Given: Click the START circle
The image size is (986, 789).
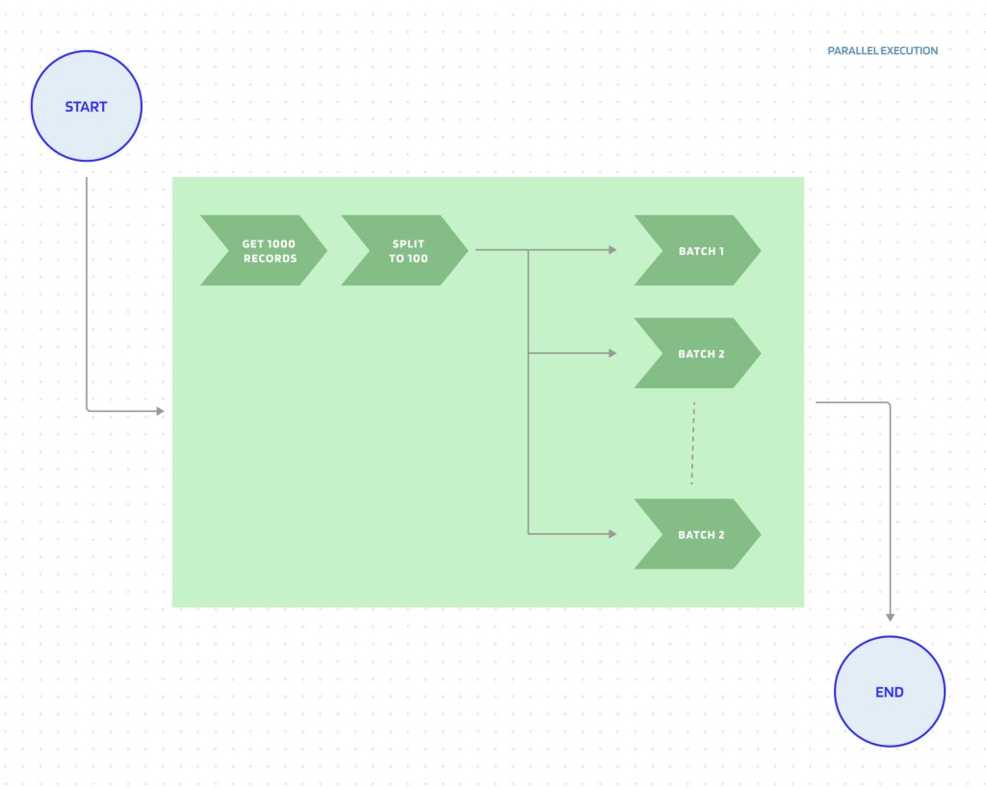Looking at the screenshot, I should (x=87, y=107).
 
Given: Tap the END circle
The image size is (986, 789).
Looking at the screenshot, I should (x=890, y=692).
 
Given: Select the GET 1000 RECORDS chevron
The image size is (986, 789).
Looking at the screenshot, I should (x=264, y=250).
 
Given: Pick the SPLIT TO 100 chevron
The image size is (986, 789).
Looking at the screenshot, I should (x=405, y=250).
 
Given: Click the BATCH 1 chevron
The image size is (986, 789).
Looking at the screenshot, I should (x=697, y=250).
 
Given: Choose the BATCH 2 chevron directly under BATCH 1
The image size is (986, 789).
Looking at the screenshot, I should (x=697, y=353).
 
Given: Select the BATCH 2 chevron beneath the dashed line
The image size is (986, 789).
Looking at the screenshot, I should (x=697, y=534).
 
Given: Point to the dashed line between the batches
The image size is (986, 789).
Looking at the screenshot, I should (x=693, y=444).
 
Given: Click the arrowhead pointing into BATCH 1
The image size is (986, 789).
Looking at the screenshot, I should (x=612, y=250).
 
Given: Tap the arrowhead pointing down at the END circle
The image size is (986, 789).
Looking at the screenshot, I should (x=890, y=617).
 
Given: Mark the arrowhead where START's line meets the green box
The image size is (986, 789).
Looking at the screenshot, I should (x=160, y=411).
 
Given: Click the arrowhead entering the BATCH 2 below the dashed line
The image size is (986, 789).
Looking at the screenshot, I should (x=612, y=534).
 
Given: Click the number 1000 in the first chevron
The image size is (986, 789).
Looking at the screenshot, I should (x=281, y=244).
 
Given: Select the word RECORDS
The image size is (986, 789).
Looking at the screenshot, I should (x=270, y=259).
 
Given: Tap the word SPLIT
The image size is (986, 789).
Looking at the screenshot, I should (x=408, y=244).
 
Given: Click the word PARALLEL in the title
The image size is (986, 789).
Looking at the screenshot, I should (x=850, y=51).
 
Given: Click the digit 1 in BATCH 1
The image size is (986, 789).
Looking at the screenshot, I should (x=721, y=251).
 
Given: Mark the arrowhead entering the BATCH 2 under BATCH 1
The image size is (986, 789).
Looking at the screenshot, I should (x=612, y=353).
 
